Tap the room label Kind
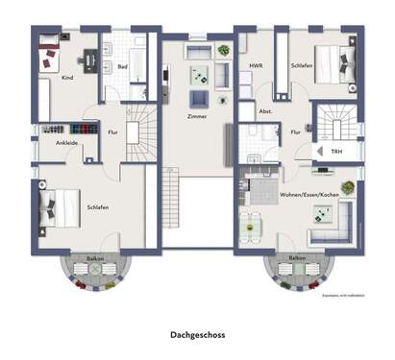[67, 76]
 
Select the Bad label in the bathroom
[123, 67]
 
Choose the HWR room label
[256, 66]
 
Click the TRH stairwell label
[335, 152]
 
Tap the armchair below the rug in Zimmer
[200, 100]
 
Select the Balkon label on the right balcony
[297, 258]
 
